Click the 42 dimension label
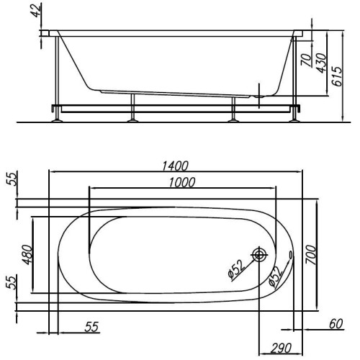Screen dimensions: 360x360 [x=37, y=10]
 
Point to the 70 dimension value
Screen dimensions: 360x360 [x=306, y=60]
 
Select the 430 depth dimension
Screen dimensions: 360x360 [x=321, y=63]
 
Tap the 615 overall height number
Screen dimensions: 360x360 [x=337, y=76]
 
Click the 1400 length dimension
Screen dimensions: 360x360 [x=175, y=166]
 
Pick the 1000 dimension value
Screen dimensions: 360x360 [x=182, y=182]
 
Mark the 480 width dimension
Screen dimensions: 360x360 [x=27, y=255]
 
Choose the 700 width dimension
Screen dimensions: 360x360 [x=311, y=255]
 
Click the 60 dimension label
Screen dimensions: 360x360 [x=336, y=324]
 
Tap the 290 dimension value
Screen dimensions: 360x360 [x=281, y=348]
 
